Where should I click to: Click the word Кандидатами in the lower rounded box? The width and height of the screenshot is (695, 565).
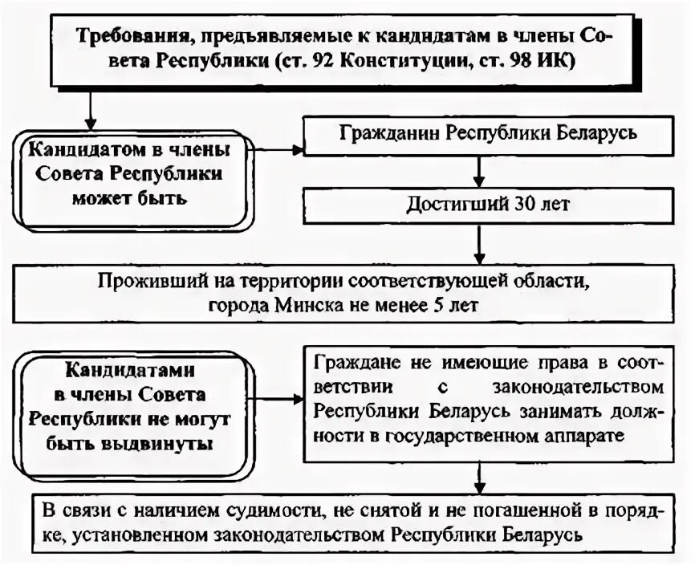130,372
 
